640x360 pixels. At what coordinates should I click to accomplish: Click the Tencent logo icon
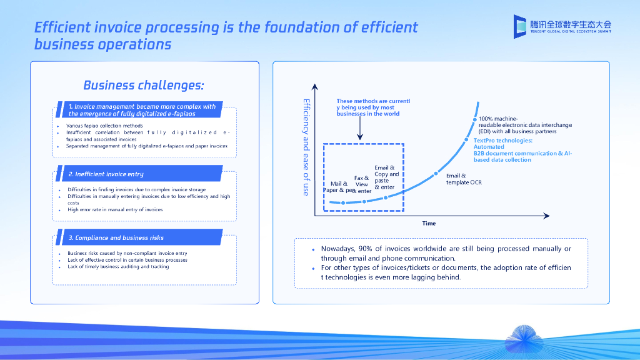click(x=520, y=26)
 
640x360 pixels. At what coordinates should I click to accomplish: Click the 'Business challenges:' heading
click(x=143, y=85)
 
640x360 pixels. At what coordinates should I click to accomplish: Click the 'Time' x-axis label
click(x=429, y=223)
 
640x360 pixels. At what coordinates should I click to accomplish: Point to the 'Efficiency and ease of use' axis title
click(x=306, y=147)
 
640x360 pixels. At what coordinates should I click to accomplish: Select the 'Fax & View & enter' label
click(x=362, y=184)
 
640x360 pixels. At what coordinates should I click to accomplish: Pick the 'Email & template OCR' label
click(x=462, y=179)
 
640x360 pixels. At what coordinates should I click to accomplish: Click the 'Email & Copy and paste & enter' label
click(x=386, y=177)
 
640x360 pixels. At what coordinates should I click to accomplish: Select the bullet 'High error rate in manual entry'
click(x=115, y=210)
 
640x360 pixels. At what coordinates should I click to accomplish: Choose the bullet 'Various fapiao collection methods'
click(x=104, y=126)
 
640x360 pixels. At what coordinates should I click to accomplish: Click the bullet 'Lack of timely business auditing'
click(x=118, y=267)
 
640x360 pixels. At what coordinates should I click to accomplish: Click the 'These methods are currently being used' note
click(x=372, y=107)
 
